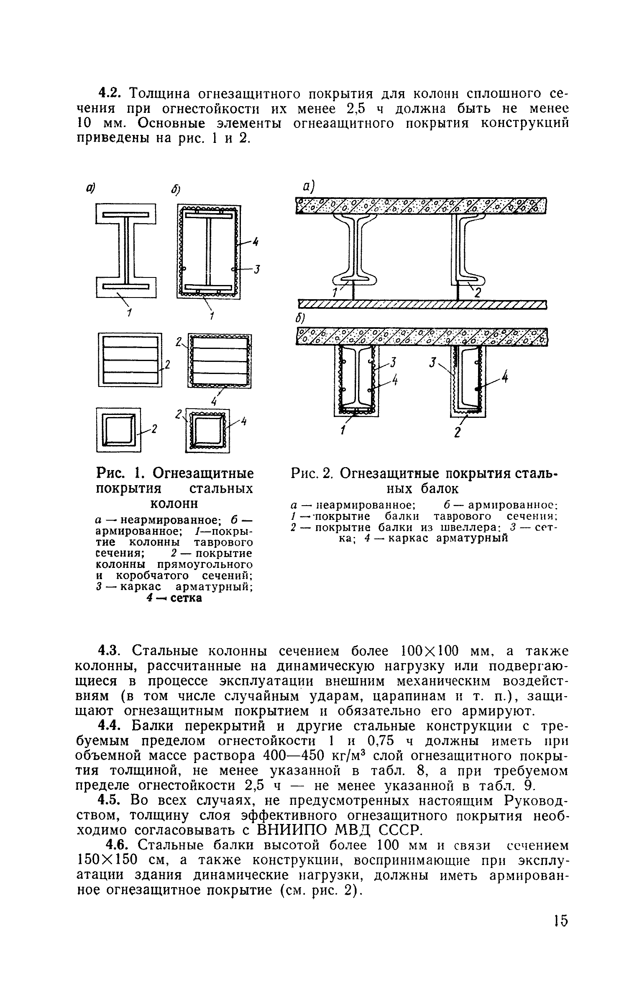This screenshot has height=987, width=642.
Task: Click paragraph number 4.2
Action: (110, 93)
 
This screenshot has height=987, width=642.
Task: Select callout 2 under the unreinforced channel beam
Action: (476, 294)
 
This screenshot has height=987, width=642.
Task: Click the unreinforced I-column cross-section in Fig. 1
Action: (126, 251)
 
